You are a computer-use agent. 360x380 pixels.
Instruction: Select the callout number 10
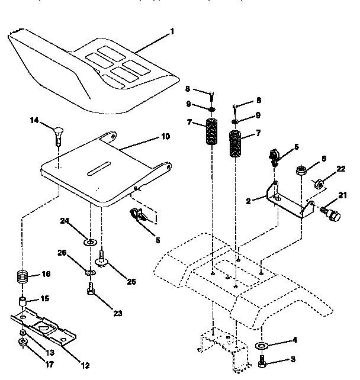point(165,136)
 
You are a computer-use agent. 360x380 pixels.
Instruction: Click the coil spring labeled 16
point(22,276)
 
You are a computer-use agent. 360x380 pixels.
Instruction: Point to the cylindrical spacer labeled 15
point(24,304)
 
